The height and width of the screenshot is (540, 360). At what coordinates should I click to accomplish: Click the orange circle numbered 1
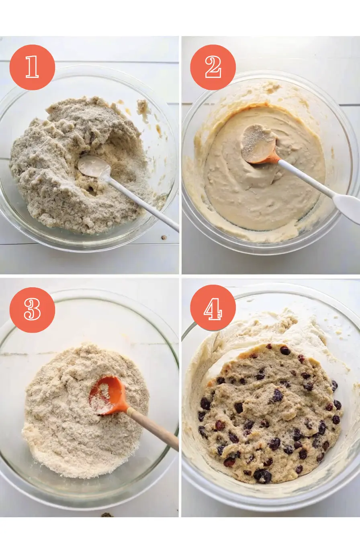pos(32,67)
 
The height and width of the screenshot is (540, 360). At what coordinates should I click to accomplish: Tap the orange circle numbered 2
pos(213,67)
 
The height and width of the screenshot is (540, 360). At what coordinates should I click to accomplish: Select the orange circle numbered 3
pos(32,310)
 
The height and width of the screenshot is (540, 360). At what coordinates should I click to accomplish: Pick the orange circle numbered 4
pos(213,308)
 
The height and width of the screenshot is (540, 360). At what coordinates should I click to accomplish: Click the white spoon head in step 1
pos(94,166)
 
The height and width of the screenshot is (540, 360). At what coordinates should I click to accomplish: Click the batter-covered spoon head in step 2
pos(258,143)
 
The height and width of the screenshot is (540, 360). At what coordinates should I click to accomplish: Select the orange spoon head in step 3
pos(107,395)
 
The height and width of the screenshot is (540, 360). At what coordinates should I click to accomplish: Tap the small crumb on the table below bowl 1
pos(164,238)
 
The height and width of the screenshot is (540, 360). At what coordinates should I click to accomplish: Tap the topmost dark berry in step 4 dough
pos(285,350)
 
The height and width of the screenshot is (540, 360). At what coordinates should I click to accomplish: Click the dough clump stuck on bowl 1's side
pos(142,106)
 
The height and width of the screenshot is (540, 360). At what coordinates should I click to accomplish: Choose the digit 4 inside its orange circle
pos(213,309)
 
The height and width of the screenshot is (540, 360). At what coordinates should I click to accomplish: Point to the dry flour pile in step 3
pos(87,410)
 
